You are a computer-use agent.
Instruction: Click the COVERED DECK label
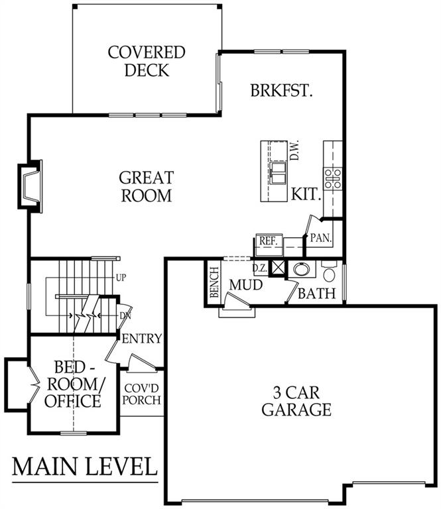147,61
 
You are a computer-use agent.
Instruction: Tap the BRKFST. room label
282,91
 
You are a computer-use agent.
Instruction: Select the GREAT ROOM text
147,186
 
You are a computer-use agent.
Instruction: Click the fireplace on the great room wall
31,187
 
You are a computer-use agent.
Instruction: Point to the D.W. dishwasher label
294,150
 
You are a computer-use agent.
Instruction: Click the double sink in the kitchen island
278,174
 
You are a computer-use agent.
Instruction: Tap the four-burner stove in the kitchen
333,178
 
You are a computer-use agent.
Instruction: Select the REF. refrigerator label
268,241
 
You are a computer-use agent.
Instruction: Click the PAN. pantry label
321,238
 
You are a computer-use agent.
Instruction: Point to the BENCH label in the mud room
214,282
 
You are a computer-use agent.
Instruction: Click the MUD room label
246,285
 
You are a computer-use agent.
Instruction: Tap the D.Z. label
260,268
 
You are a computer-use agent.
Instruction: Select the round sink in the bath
302,269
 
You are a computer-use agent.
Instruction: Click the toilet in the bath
330,272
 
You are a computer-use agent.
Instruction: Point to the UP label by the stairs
121,278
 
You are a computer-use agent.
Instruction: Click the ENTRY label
142,339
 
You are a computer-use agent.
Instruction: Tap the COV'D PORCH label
142,394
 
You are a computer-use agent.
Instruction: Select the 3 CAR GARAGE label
296,401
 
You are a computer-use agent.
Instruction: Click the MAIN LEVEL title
85,466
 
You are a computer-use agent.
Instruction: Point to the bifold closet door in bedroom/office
34,384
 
